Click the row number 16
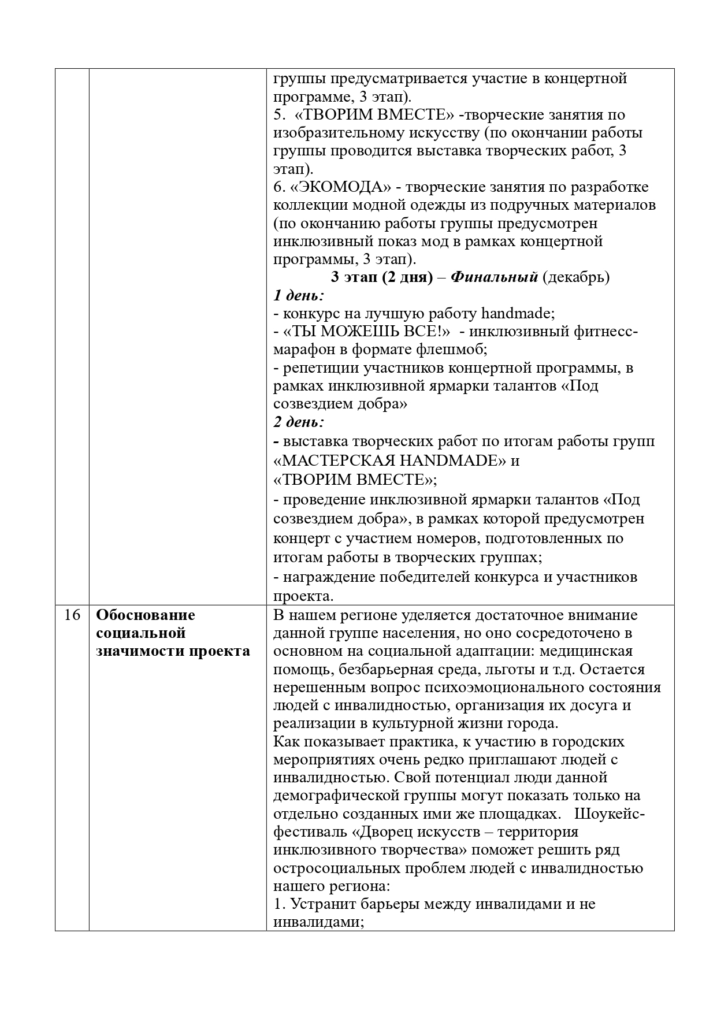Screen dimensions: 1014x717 (x=72, y=615)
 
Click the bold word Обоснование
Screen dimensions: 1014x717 (x=146, y=615)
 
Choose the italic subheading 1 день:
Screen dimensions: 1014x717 (x=298, y=295)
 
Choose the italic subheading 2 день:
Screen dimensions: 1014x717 (x=298, y=422)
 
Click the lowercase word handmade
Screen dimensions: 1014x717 (x=517, y=313)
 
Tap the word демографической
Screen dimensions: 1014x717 (x=337, y=796)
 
